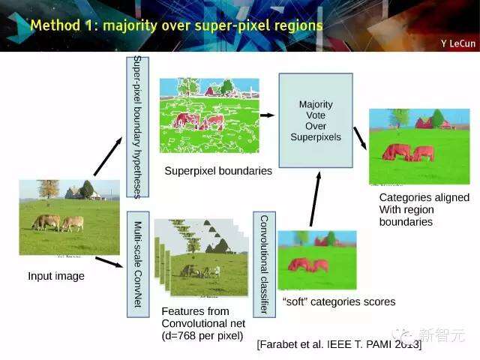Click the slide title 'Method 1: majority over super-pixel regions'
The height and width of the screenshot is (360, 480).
[x=177, y=25]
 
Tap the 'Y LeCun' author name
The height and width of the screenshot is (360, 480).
[x=458, y=43]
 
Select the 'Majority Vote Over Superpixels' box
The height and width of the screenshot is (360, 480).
[x=316, y=120]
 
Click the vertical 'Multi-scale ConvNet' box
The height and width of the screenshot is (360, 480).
[x=138, y=264]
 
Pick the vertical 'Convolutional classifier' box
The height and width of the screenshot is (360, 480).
[x=264, y=264]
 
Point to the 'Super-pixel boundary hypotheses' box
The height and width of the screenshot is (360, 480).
[x=138, y=127]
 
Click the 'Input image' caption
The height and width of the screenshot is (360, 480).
[x=56, y=276]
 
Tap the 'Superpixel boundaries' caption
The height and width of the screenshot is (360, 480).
[x=218, y=171]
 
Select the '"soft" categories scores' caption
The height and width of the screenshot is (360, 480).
[x=339, y=301]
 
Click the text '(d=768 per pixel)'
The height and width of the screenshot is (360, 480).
[x=202, y=336]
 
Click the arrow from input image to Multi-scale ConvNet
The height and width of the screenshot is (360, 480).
[x=109, y=262]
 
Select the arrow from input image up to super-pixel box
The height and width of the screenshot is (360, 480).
[x=108, y=157]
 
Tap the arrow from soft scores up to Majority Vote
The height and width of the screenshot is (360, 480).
[x=315, y=199]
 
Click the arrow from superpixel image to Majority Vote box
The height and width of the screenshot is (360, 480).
[x=267, y=115]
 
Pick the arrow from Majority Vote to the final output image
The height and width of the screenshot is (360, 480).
[x=360, y=138]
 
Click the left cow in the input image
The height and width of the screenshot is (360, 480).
[x=46, y=222]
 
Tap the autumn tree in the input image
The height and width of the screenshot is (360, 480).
[x=48, y=189]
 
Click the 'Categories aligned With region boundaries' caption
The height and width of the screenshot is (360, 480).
[x=424, y=210]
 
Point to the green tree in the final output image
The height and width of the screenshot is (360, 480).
[x=438, y=118]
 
